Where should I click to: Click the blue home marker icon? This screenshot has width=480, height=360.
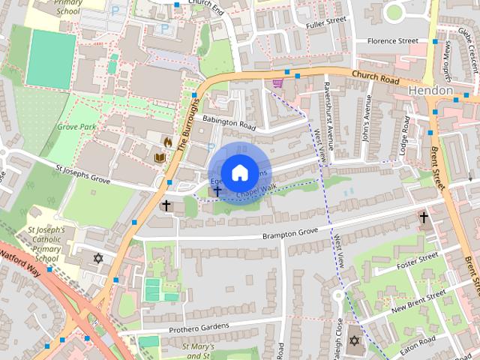coord(239,172)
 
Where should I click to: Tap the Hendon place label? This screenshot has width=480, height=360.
coord(431,90)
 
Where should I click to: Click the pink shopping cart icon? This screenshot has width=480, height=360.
coord(278,82)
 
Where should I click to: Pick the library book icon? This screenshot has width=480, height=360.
coord(159,158)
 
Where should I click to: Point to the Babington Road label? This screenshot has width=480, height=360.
coord(229,122)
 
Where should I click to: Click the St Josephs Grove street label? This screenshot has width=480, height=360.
coord(82,175)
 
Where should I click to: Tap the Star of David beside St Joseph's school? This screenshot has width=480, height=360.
coord(97,258)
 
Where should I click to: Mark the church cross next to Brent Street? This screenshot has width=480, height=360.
coord(424,217)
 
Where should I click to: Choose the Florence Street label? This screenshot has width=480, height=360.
coord(387,41)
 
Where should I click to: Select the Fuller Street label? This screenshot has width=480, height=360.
coord(325,22)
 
